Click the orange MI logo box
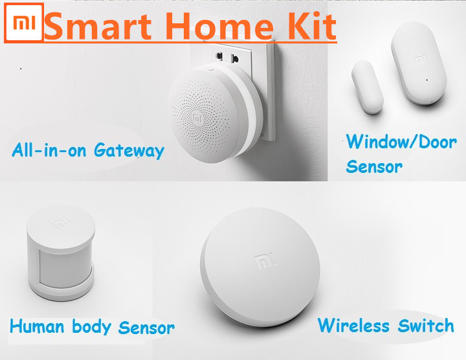[x=24, y=23]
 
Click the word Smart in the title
[x=98, y=26]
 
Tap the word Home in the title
[x=219, y=26]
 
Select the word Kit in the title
[x=312, y=26]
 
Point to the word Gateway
[x=129, y=151]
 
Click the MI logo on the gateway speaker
[x=197, y=118]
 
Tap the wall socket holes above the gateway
[x=227, y=56]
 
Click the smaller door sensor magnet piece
[x=367, y=87]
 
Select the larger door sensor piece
[x=419, y=67]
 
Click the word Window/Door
[x=401, y=142]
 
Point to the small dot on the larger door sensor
[x=427, y=80]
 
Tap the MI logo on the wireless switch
[x=266, y=261]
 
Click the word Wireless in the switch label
[x=353, y=325]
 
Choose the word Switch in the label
[x=426, y=325]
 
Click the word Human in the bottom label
[x=37, y=326]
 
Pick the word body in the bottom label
[x=91, y=327]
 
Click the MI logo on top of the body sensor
[x=61, y=223]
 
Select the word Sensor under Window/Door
[x=374, y=167]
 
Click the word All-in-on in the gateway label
[x=49, y=150]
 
